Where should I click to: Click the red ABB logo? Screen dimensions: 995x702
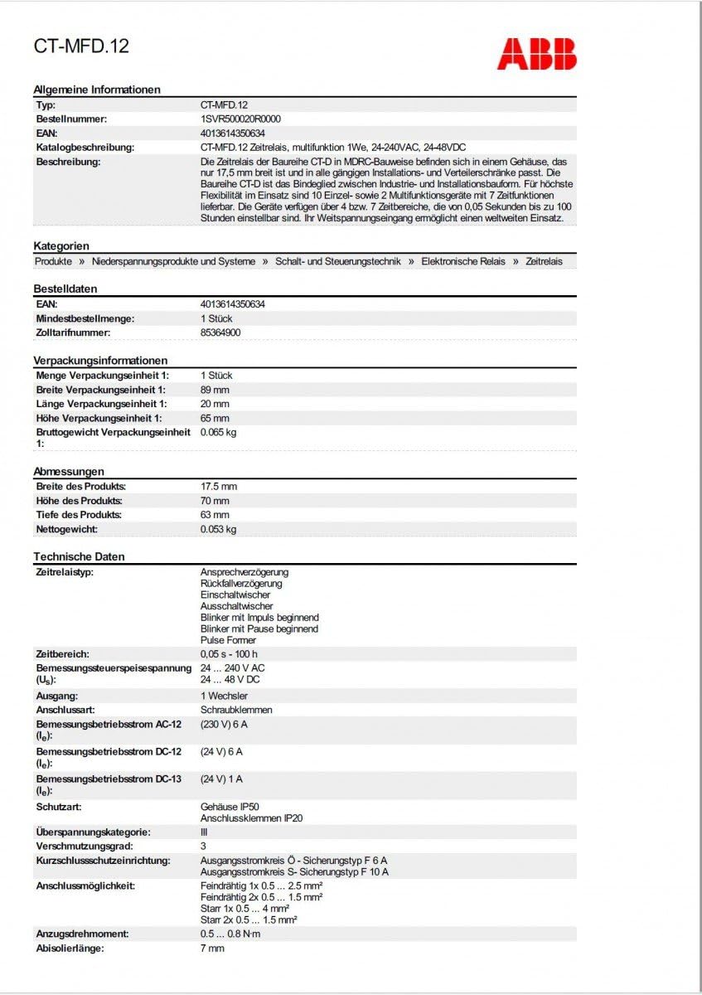point(536,53)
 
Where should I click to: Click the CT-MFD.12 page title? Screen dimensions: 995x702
point(81,46)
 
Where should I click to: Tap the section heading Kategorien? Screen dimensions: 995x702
point(61,246)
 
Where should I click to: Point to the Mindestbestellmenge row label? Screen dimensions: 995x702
point(85,318)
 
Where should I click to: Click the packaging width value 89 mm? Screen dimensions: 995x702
point(215,390)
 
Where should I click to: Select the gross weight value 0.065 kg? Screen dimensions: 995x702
point(218,432)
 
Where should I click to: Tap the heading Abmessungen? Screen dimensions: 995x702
point(69,472)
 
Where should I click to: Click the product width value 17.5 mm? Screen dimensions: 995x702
point(219,487)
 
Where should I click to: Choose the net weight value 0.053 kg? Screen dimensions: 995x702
point(218,529)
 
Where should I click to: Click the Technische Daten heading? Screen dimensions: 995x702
point(79,556)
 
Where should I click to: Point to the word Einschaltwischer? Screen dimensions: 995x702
point(235,595)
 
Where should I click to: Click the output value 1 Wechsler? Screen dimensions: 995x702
point(224,696)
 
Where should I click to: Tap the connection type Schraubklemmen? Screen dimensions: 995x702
point(236,710)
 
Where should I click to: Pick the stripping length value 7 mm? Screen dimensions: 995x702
point(212,948)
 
